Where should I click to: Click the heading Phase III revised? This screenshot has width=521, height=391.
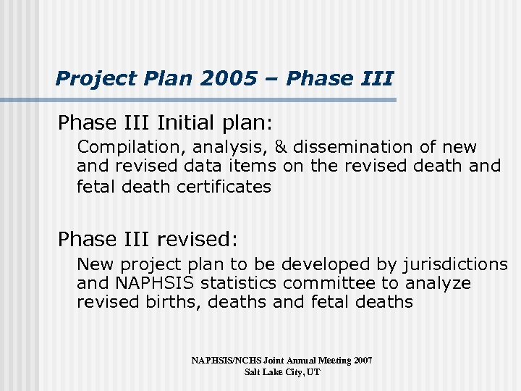point(148,238)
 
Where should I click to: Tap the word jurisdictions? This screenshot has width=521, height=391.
point(457,264)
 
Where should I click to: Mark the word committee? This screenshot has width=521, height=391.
point(332,283)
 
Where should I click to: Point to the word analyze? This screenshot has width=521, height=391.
point(437,283)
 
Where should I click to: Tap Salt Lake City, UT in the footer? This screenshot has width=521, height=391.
point(281,371)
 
